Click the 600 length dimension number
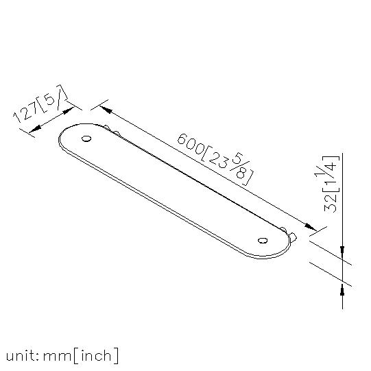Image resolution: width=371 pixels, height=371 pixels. tap(190, 144)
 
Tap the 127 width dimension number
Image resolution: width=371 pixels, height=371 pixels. tap(25, 112)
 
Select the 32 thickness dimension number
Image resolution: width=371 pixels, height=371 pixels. tap(331, 202)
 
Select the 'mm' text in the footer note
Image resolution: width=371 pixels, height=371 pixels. tap(57, 357)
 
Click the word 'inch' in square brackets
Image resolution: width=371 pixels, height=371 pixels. tap(96, 356)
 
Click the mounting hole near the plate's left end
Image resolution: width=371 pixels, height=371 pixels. tap(86, 139)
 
